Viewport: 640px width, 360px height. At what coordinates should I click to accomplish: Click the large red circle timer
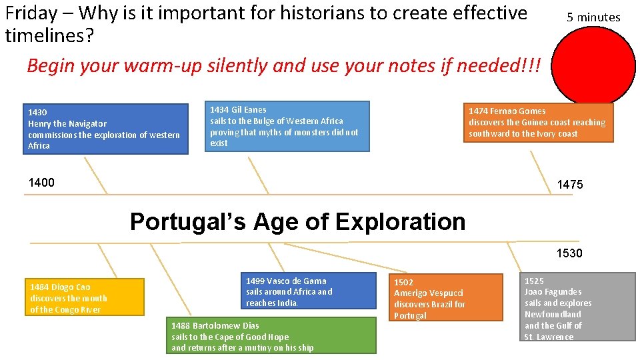point(595,64)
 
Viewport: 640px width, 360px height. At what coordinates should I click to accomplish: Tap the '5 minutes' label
point(593,17)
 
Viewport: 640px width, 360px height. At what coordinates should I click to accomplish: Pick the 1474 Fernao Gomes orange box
point(538,122)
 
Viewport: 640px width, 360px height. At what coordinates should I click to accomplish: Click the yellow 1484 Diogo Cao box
point(84,297)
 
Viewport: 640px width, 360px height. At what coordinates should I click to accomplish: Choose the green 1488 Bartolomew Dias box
point(271,335)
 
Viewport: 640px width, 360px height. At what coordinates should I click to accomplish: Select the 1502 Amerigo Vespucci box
point(445,297)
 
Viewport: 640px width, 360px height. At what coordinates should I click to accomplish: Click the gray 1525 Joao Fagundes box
point(577,307)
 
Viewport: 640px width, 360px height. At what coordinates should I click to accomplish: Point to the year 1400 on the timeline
point(41,183)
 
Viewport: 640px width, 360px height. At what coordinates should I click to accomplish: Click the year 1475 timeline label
point(570,185)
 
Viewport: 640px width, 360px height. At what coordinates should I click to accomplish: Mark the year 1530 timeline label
point(570,253)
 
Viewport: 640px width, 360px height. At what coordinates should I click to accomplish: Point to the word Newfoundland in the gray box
point(553,314)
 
